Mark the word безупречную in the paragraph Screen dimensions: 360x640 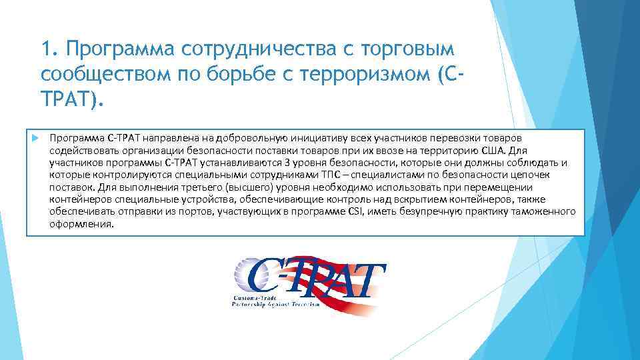tap(431, 213)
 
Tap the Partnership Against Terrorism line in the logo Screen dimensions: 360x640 tap(276, 303)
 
